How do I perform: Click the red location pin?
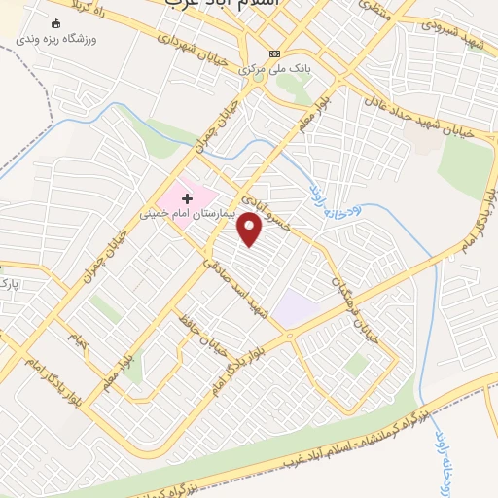click(251, 229)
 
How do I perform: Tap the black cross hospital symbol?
click(187, 198)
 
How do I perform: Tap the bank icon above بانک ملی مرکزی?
click(275, 53)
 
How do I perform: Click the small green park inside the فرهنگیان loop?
click(356, 365)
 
